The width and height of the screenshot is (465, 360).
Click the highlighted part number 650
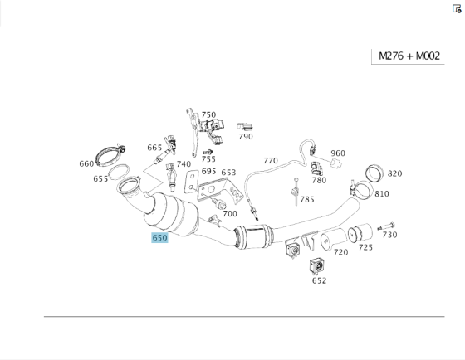click(x=159, y=237)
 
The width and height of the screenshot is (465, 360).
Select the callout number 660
click(x=86, y=163)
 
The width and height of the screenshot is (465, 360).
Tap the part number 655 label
click(x=100, y=178)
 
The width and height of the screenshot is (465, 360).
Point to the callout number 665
click(x=154, y=148)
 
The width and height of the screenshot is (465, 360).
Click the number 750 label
click(x=208, y=115)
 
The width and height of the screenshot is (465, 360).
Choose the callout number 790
click(x=246, y=136)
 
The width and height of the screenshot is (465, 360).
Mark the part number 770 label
click(x=271, y=160)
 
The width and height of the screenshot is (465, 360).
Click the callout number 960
click(x=338, y=153)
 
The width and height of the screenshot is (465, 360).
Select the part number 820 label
click(x=394, y=173)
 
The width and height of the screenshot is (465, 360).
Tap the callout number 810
click(x=381, y=193)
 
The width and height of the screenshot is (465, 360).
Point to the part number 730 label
click(x=389, y=235)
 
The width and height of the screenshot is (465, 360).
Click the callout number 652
click(x=320, y=280)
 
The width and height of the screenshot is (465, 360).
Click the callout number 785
click(x=307, y=199)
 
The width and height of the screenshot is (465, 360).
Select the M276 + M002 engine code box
click(x=409, y=56)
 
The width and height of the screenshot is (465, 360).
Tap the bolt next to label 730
click(x=389, y=225)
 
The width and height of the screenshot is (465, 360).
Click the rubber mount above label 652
click(x=316, y=265)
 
